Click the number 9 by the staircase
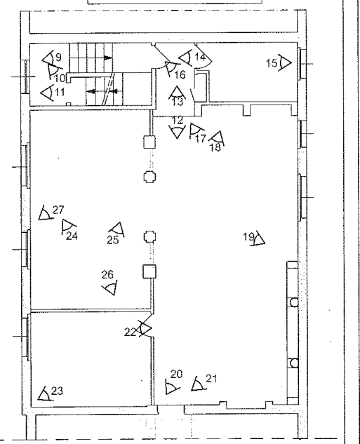click(x=58, y=58)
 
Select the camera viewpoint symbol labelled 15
click(x=285, y=62)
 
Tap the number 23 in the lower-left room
click(x=57, y=391)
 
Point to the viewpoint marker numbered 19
click(x=259, y=238)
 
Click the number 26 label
click(x=107, y=274)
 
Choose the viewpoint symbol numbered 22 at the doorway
click(x=145, y=328)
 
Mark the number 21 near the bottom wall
click(x=211, y=379)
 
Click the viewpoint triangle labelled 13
click(x=177, y=93)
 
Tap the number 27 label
click(x=58, y=210)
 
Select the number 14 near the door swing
click(x=200, y=57)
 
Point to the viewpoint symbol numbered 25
click(x=118, y=229)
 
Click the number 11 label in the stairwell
click(x=60, y=92)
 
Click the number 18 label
click(x=215, y=147)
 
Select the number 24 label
click(x=72, y=236)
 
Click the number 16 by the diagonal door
click(x=180, y=75)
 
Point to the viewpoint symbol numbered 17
click(x=196, y=131)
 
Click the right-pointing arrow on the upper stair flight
click(x=108, y=58)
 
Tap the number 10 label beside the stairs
click(x=60, y=78)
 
